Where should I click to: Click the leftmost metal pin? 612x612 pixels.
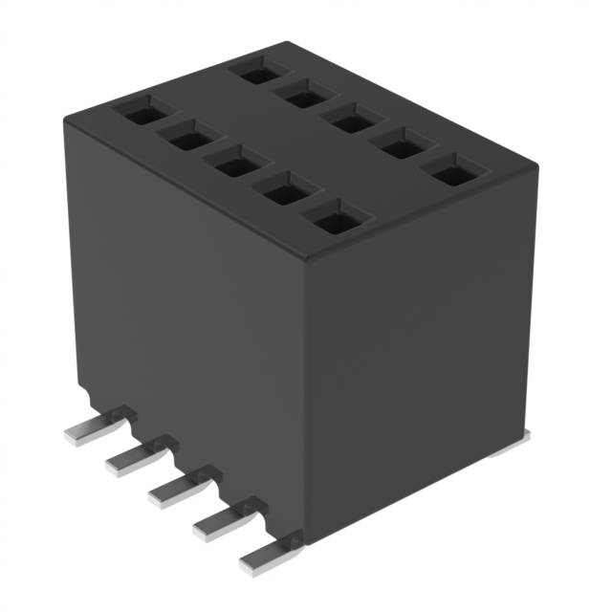(x=88, y=432)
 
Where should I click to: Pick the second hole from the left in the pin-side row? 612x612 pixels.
(x=185, y=139)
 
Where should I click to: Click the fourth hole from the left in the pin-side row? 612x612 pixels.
(x=283, y=192)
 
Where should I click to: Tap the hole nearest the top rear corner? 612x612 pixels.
(x=256, y=69)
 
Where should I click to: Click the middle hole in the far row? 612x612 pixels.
(x=352, y=121)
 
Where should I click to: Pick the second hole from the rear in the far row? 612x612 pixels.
(x=304, y=94)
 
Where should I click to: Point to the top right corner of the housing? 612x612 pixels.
(x=535, y=168)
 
